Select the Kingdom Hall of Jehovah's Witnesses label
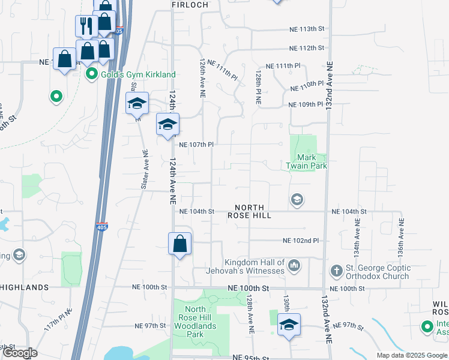[x=255, y=266]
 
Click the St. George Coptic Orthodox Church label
[x=378, y=272]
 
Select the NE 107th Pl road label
[x=197, y=145]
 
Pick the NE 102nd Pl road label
[x=300, y=241]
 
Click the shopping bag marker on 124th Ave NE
[x=179, y=244]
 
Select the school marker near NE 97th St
[x=289, y=325]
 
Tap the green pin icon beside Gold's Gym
[x=92, y=74]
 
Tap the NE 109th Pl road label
[x=306, y=105]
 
